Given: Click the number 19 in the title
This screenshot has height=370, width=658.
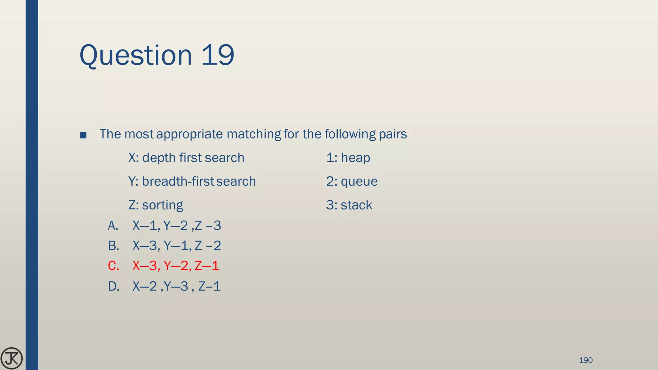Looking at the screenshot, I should pyautogui.click(x=218, y=55).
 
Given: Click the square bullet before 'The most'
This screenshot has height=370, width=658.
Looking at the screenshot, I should pyautogui.click(x=83, y=135).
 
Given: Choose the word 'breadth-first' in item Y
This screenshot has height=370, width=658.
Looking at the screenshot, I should pyautogui.click(x=178, y=181).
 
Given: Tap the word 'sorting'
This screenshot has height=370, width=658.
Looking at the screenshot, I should pyautogui.click(x=163, y=205).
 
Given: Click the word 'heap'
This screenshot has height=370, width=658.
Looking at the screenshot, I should pyautogui.click(x=355, y=158).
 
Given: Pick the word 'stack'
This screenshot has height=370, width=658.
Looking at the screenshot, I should pyautogui.click(x=356, y=205).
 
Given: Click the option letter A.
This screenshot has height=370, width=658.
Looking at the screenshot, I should pyautogui.click(x=113, y=226).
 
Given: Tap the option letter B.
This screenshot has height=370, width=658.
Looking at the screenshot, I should pyautogui.click(x=113, y=246).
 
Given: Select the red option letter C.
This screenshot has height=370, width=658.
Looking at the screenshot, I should pyautogui.click(x=113, y=266).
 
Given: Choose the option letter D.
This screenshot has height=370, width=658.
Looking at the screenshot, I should pyautogui.click(x=114, y=286).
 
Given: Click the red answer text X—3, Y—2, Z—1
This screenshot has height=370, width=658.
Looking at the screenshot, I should pyautogui.click(x=176, y=266).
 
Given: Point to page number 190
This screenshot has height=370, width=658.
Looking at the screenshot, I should pyautogui.click(x=585, y=360).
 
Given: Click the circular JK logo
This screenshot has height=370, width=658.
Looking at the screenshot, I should pyautogui.click(x=12, y=358).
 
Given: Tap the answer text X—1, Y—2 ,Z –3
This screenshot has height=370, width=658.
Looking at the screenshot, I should pyautogui.click(x=177, y=226).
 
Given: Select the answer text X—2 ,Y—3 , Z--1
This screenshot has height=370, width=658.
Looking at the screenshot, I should pyautogui.click(x=177, y=286).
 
